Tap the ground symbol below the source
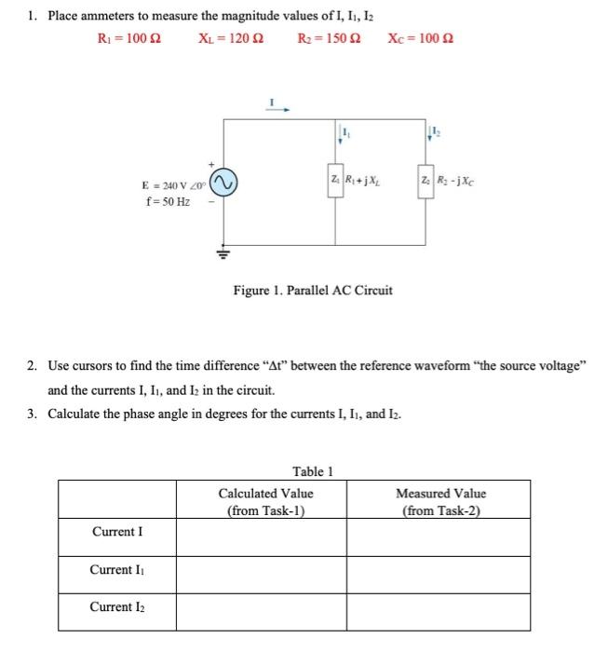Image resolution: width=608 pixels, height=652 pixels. click(223, 251)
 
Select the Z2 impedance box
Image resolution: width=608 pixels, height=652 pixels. click(426, 180)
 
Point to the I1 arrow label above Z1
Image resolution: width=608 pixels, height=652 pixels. click(343, 136)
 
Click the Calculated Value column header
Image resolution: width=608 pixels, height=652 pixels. click(265, 500)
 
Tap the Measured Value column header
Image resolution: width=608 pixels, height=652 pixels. click(440, 500)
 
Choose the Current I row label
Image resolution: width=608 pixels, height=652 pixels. click(117, 533)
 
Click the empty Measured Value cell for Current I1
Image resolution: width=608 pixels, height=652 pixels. click(440, 570)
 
